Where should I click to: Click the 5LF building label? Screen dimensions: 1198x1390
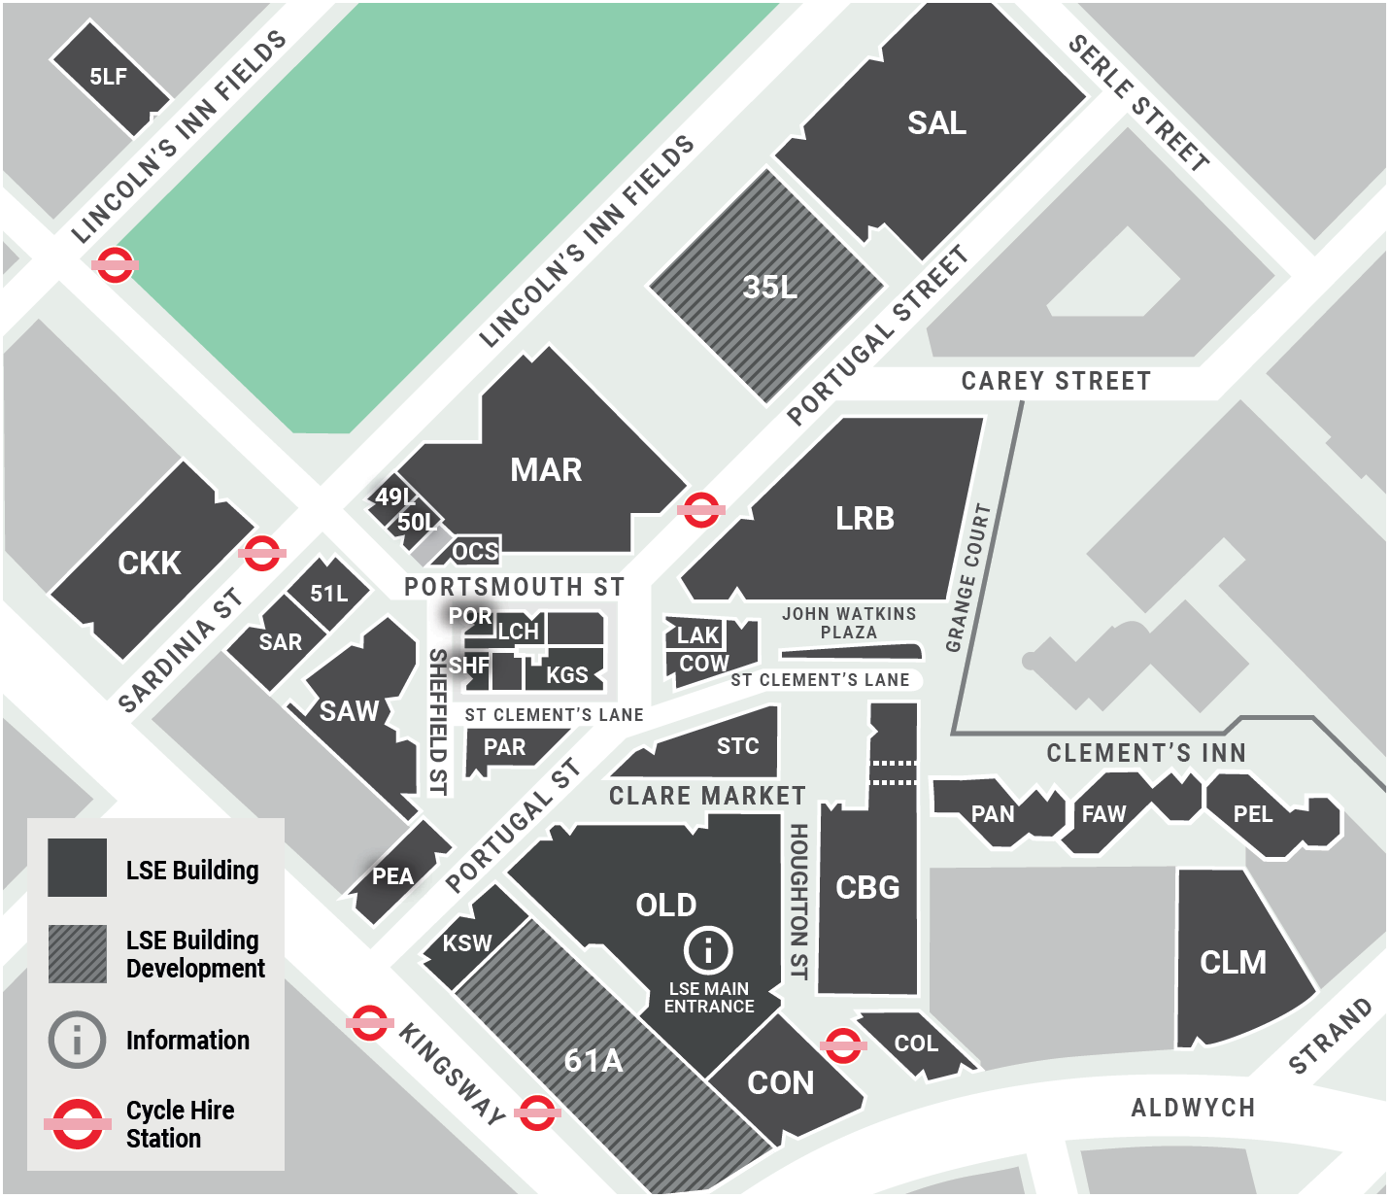(108, 77)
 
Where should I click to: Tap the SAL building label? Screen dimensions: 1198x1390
(936, 123)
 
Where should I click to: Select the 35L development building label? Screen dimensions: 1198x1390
(769, 287)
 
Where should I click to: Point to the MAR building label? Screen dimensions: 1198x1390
(546, 470)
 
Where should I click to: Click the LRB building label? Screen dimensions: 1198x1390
(865, 519)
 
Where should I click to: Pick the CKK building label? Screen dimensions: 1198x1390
(150, 564)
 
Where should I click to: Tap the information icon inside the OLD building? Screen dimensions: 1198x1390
(708, 949)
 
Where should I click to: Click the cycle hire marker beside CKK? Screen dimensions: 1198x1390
(261, 553)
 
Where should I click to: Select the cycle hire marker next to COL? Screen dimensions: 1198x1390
(842, 1045)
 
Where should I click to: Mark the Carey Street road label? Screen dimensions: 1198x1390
(1056, 381)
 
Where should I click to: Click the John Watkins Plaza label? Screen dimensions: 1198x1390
(849, 623)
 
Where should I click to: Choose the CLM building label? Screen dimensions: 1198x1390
(1233, 963)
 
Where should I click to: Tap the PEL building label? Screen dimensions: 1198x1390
(1252, 814)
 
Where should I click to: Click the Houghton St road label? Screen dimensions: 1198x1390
(798, 901)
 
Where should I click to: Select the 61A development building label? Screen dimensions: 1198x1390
(593, 1060)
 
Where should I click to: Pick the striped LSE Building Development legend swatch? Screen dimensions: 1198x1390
(78, 953)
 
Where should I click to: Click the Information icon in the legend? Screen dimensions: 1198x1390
(77, 1040)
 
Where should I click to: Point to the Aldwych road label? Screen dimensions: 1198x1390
(1193, 1108)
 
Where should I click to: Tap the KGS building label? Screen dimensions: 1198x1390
(566, 675)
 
